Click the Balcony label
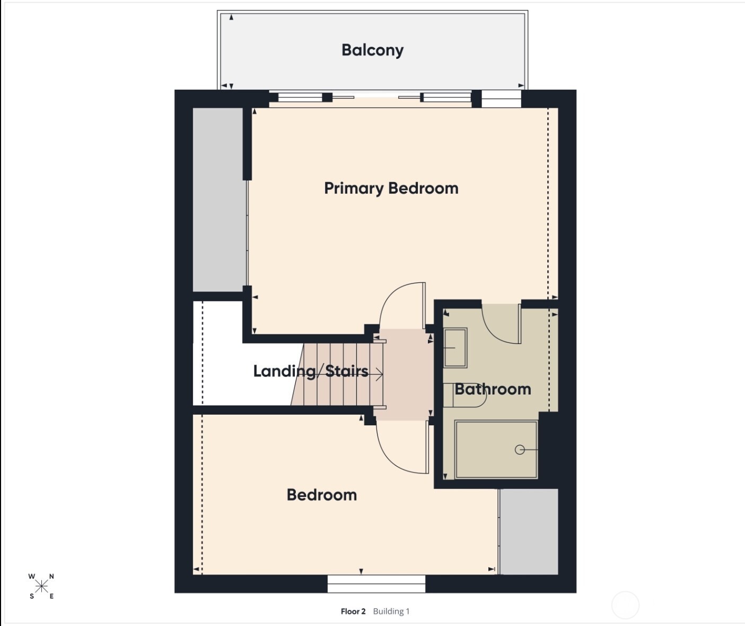(372, 50)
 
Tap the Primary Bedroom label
(391, 188)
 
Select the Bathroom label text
(493, 389)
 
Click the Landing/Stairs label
(310, 371)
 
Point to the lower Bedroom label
(321, 495)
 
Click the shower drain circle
(520, 450)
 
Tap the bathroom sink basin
(455, 348)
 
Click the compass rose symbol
(41, 586)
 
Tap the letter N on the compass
(51, 577)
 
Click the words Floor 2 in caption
(353, 611)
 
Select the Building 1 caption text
(391, 611)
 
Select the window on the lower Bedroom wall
(376, 584)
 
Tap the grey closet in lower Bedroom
(529, 531)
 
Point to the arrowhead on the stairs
(380, 375)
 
